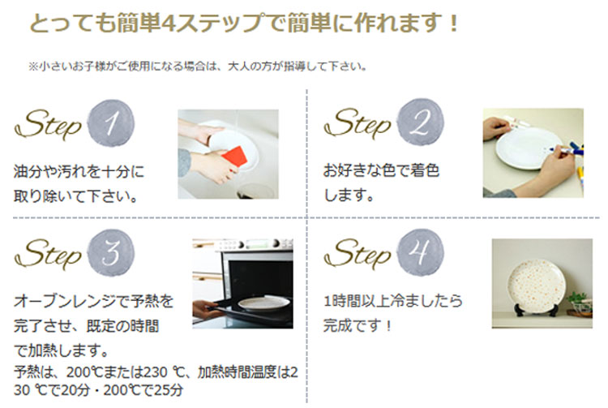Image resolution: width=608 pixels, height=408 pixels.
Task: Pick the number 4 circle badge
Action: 418,254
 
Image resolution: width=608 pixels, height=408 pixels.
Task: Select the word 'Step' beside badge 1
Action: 49,126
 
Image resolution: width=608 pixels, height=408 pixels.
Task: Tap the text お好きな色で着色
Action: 381,171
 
